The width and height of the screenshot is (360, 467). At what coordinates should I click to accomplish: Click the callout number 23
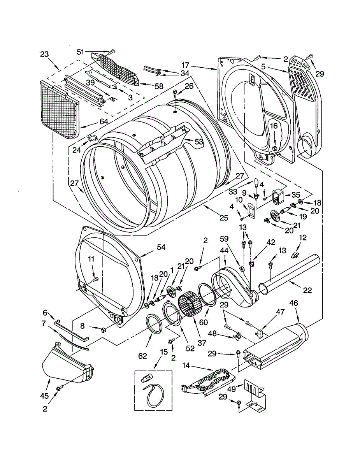click(44, 54)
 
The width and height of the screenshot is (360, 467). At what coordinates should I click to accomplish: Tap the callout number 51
click(80, 52)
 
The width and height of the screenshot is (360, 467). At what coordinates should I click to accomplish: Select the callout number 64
click(104, 121)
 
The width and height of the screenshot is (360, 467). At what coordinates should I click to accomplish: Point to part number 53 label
click(199, 142)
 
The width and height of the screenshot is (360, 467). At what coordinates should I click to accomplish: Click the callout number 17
click(185, 65)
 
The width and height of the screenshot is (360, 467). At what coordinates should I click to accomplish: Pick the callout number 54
click(161, 247)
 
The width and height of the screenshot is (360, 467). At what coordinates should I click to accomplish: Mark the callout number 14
click(186, 366)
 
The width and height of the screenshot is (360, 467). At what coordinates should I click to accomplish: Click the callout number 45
click(44, 396)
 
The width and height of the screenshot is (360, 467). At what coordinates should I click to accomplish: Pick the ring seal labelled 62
click(154, 324)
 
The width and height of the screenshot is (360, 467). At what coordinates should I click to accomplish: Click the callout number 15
click(163, 352)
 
